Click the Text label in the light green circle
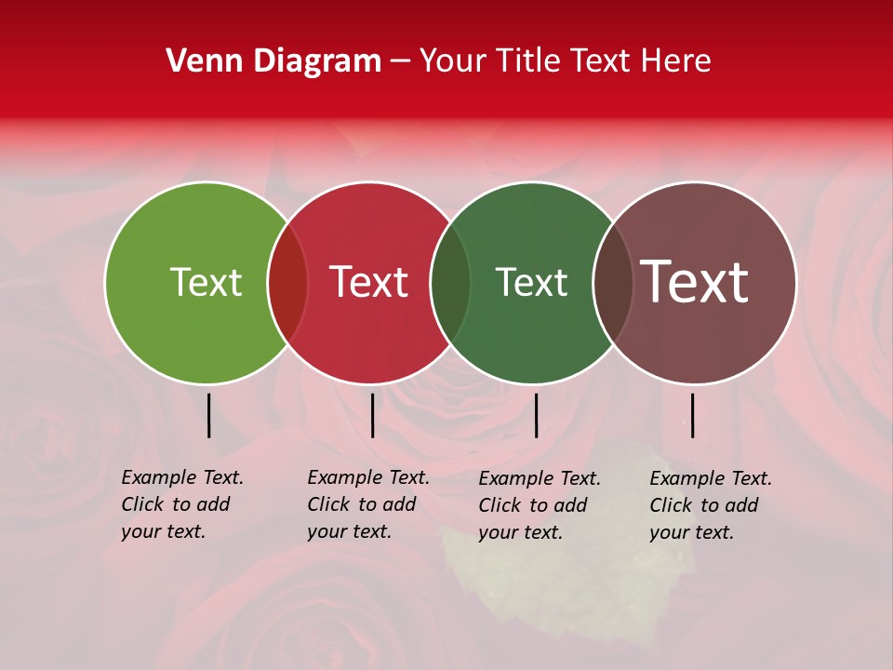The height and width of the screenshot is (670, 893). (206, 282)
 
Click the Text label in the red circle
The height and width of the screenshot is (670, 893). (368, 282)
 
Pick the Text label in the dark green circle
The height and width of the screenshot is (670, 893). (531, 282)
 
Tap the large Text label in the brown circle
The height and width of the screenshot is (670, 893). (695, 282)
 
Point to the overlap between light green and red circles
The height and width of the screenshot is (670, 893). (287, 283)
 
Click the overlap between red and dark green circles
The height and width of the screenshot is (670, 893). (450, 283)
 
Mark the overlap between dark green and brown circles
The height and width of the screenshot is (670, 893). (613, 283)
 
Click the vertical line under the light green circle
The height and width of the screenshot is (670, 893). (208, 415)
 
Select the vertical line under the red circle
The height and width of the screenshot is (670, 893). (372, 415)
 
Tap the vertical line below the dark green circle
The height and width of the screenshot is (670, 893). (536, 415)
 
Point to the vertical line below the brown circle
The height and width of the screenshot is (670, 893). (692, 415)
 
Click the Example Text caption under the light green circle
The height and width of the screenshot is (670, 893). (182, 504)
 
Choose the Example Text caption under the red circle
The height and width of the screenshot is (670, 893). (368, 504)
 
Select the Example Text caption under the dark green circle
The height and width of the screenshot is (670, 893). (540, 505)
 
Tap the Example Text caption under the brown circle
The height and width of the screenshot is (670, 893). (711, 505)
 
